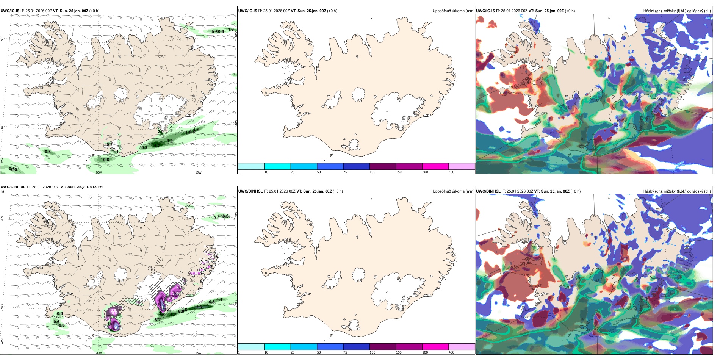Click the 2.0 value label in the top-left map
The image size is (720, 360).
point(161,132)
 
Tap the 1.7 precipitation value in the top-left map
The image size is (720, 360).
point(157,145)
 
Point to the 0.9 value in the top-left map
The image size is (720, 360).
point(144,147)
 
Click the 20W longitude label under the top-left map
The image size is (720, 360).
point(99,172)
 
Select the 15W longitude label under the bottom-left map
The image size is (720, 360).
point(198,353)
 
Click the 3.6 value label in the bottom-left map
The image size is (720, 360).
point(199,307)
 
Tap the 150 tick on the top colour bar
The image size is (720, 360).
point(399,172)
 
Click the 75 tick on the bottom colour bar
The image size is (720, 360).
point(345,352)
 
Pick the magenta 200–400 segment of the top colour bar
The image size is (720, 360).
point(435,166)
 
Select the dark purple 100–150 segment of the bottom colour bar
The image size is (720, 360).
point(383,347)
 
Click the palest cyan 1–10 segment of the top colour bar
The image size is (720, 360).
point(251,166)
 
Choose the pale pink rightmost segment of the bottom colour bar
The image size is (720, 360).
point(462,347)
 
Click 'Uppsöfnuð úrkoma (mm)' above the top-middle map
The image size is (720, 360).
point(453,11)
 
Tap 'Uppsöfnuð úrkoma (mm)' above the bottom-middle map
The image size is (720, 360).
point(453,191)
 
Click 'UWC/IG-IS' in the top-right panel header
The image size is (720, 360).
point(485,11)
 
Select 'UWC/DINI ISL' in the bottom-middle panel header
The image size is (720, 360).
point(250,191)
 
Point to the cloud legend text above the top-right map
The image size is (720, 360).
point(677,11)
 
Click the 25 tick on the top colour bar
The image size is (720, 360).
point(293,172)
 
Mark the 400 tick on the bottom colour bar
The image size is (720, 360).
point(451,352)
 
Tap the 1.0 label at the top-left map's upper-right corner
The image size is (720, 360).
point(231,29)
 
